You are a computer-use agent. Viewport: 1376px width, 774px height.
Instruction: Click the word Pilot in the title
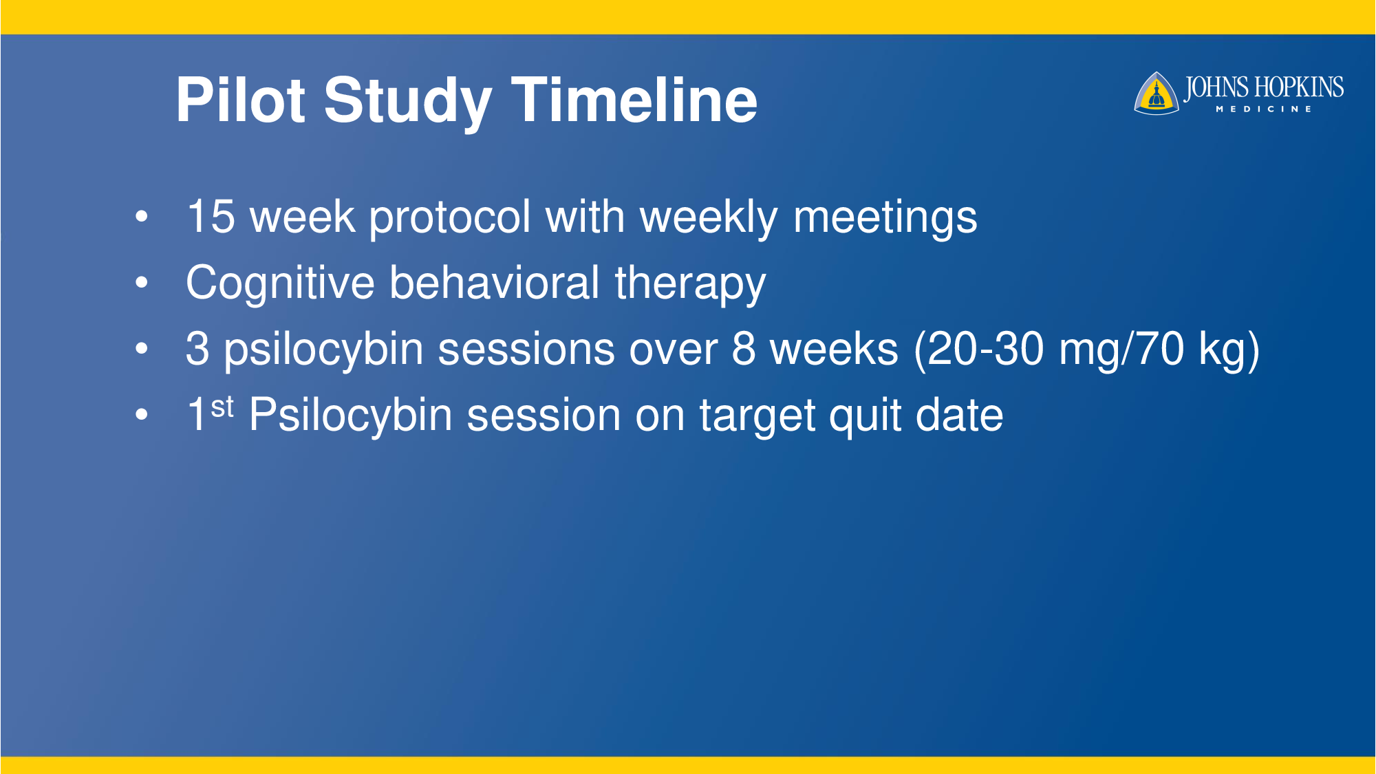tap(240, 100)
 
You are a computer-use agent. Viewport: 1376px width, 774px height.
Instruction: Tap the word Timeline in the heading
tap(634, 100)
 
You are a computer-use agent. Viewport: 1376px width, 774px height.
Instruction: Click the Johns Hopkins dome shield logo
tap(1157, 94)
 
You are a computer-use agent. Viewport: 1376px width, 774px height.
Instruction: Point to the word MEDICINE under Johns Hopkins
tap(1264, 109)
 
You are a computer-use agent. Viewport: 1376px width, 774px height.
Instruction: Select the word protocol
tap(450, 219)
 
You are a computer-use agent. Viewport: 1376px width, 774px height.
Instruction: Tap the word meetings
tap(885, 219)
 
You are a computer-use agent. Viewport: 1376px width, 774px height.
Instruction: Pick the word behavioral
tap(495, 283)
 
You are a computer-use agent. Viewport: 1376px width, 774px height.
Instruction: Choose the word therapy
tap(690, 285)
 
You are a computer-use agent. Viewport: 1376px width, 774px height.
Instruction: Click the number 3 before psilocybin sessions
tap(197, 349)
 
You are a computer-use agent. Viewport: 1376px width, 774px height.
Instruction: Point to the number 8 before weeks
tap(743, 349)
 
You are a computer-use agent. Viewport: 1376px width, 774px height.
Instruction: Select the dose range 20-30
tap(985, 349)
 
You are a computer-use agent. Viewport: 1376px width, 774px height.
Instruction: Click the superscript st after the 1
tap(222, 407)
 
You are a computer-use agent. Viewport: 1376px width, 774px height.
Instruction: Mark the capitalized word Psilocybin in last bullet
tap(350, 417)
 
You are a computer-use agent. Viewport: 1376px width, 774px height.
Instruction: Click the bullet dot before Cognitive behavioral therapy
tap(142, 282)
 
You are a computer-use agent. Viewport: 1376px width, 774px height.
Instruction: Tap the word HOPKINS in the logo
tap(1298, 88)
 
